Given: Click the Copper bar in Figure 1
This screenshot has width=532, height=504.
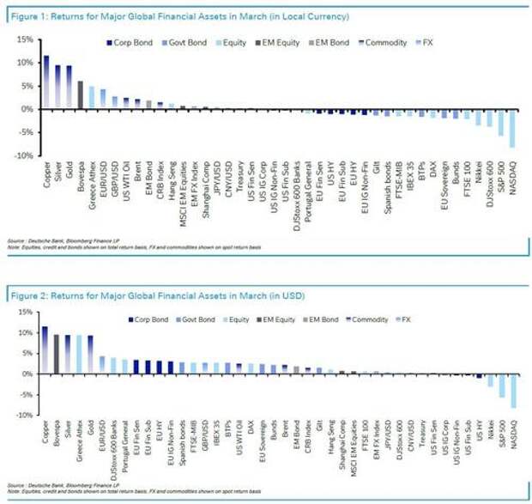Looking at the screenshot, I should click(x=45, y=82).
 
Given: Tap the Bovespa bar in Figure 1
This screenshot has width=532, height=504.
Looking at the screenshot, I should click(x=80, y=95).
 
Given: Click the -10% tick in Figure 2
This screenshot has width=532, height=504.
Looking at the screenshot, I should click(x=22, y=415).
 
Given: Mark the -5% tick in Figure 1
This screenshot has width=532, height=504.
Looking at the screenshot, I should click(x=23, y=132).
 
